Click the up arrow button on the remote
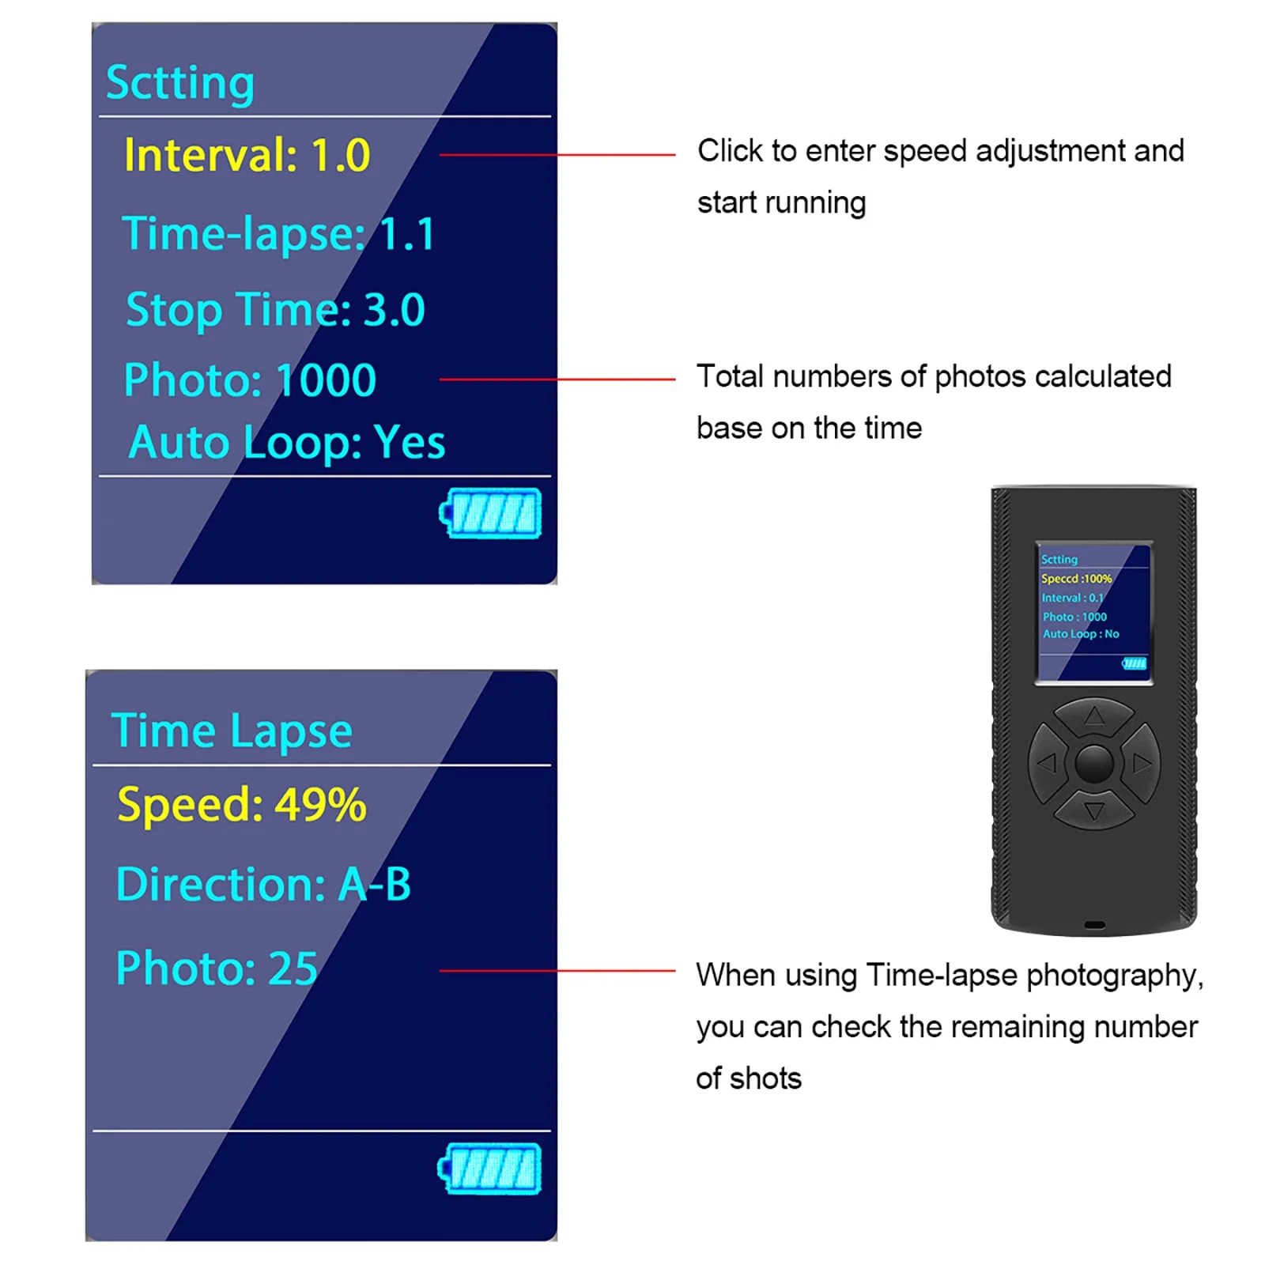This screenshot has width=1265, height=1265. (x=1094, y=716)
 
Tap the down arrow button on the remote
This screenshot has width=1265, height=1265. (x=1094, y=811)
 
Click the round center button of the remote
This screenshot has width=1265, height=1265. (x=1094, y=763)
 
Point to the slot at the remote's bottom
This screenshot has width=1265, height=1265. (x=1094, y=924)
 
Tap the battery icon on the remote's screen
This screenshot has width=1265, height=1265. (x=1134, y=663)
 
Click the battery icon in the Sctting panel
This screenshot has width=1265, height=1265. (x=491, y=512)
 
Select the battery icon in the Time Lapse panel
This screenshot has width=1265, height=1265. (x=490, y=1168)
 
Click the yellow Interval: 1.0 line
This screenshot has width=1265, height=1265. (x=247, y=155)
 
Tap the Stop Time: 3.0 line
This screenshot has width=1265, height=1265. (x=275, y=309)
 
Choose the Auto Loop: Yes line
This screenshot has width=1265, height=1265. (x=287, y=442)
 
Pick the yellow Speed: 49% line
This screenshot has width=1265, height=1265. (x=241, y=805)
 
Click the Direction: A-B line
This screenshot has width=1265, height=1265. (x=263, y=884)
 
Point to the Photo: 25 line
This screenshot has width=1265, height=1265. (x=217, y=968)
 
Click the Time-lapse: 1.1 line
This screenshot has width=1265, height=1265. (x=278, y=234)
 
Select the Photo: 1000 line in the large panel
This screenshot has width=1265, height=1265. (x=250, y=380)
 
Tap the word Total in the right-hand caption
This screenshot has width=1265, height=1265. (x=730, y=377)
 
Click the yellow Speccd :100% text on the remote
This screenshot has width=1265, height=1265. (x=1076, y=579)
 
